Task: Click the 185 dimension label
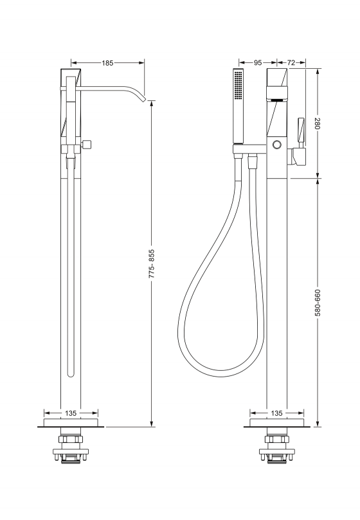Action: tap(107, 63)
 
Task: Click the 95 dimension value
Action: tap(258, 62)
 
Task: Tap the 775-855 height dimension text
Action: tap(151, 264)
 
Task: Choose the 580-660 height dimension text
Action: tap(318, 303)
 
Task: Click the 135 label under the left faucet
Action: tap(71, 413)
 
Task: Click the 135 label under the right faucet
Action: tap(276, 413)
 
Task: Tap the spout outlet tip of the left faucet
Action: tap(143, 100)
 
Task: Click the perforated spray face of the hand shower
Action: tap(238, 85)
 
